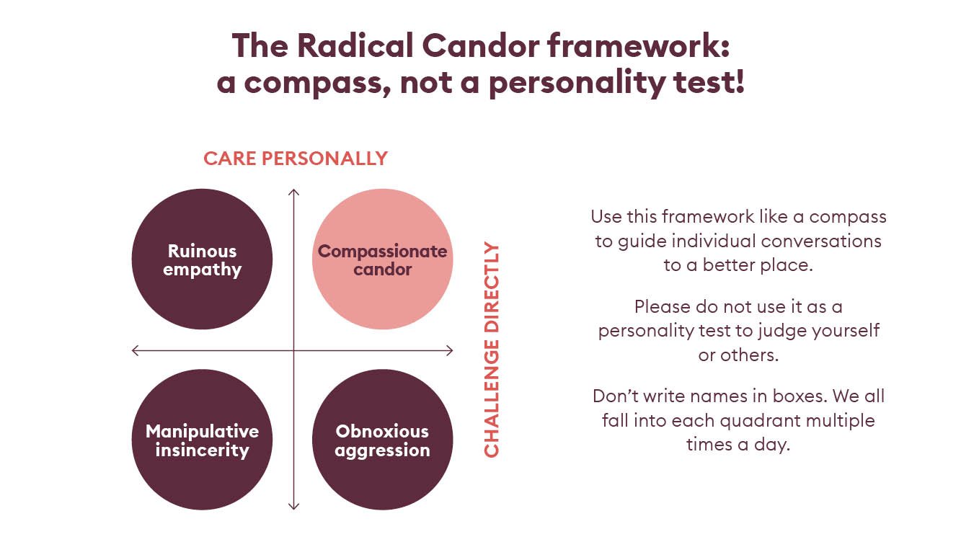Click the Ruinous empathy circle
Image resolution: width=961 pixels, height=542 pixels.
pos(202,259)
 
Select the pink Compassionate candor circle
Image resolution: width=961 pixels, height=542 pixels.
pos(382,259)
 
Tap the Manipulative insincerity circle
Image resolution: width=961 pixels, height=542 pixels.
pos(202,440)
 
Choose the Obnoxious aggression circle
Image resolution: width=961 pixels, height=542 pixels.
pos(382,440)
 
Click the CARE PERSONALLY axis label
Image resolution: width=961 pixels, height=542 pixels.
pos(296,159)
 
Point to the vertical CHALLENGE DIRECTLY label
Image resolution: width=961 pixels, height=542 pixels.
pos(492,350)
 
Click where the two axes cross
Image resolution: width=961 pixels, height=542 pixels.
pos(294,351)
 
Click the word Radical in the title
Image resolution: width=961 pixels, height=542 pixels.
pos(355,45)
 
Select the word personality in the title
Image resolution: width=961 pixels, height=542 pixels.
pos(577,83)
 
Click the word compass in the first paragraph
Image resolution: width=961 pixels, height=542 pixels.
pos(848,218)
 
